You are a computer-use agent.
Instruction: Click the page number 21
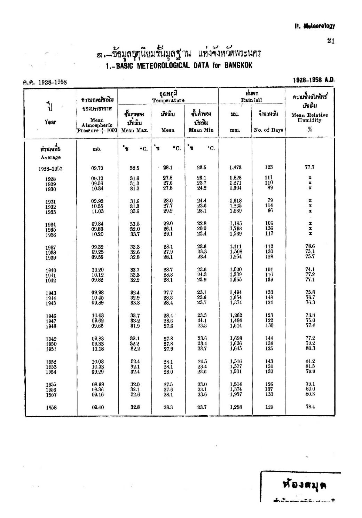click(x=331, y=41)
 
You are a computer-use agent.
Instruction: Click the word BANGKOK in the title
click(x=238, y=65)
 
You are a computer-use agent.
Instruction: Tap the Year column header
click(x=50, y=122)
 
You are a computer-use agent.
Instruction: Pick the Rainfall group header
click(x=252, y=100)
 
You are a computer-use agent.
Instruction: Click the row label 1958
click(x=51, y=408)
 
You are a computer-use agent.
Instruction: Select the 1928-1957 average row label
click(x=51, y=169)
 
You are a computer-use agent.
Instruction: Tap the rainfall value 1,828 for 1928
click(x=236, y=178)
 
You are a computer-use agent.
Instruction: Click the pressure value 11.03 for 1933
click(x=97, y=211)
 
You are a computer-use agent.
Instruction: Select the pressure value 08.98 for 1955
click(x=97, y=384)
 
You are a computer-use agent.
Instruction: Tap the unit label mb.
click(x=97, y=149)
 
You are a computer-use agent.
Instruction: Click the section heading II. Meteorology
click(x=314, y=26)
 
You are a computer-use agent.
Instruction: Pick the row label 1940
click(x=51, y=270)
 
